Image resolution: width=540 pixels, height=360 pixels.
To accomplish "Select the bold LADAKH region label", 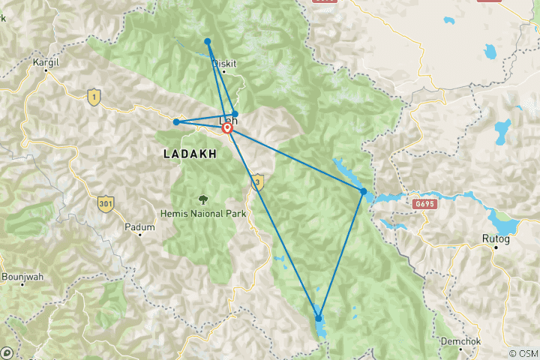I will pyautogui.click(x=190, y=153).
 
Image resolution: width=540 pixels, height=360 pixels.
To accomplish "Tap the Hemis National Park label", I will pyautogui.click(x=203, y=213).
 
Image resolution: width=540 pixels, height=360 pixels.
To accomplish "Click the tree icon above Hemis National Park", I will pyautogui.click(x=203, y=199).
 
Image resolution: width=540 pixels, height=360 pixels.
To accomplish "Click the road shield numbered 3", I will pyautogui.click(x=257, y=181).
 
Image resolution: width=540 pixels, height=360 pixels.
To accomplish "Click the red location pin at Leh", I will pyautogui.click(x=227, y=129).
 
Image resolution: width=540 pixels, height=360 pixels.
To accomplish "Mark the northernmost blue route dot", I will pyautogui.click(x=207, y=42).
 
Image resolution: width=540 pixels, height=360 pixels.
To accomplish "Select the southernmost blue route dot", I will pyautogui.click(x=319, y=319).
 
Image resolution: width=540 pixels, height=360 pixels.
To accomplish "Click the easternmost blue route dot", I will pyautogui.click(x=363, y=192).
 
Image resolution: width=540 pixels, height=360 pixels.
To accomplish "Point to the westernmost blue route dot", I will pyautogui.click(x=175, y=122).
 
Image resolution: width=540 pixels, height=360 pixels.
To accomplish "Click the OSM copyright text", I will pyautogui.click(x=523, y=353).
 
